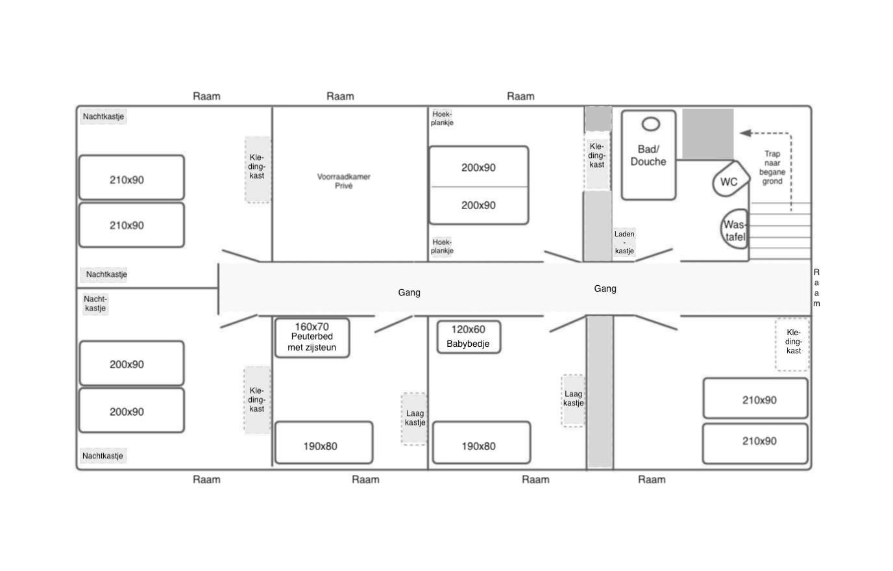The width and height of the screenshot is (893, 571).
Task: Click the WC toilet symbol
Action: coord(730,179)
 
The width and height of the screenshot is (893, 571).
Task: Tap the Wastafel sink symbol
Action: coord(735,229)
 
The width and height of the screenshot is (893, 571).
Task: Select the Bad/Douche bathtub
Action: coord(648,155)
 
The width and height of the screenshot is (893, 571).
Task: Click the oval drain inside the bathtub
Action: coord(651,124)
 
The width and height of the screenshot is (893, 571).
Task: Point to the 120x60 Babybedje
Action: coord(469,336)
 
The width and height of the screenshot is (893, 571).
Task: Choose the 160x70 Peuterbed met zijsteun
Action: coord(312,338)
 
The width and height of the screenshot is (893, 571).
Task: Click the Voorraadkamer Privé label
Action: coord(344,181)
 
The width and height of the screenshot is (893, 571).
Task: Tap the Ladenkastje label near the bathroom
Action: coord(624,242)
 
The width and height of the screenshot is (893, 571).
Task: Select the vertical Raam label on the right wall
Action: coord(816,288)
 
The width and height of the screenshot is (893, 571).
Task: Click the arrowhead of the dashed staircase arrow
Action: coord(744,133)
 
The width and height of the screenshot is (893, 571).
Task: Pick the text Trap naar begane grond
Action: coord(772,168)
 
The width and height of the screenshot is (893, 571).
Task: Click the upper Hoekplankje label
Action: coord(442,118)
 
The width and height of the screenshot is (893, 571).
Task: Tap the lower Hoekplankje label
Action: coord(442,246)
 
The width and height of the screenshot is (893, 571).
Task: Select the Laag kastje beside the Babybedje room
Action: coord(573,401)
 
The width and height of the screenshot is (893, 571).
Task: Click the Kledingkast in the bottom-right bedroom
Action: coord(793,344)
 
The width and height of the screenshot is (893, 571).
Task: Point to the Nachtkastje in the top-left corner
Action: coord(103,116)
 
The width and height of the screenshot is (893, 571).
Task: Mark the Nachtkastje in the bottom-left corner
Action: coord(103,455)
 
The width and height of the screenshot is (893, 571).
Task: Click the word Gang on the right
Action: coord(605,288)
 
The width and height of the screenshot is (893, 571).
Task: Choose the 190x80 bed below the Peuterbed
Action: coord(324,442)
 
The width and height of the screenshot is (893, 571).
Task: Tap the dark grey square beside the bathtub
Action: coord(707,134)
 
